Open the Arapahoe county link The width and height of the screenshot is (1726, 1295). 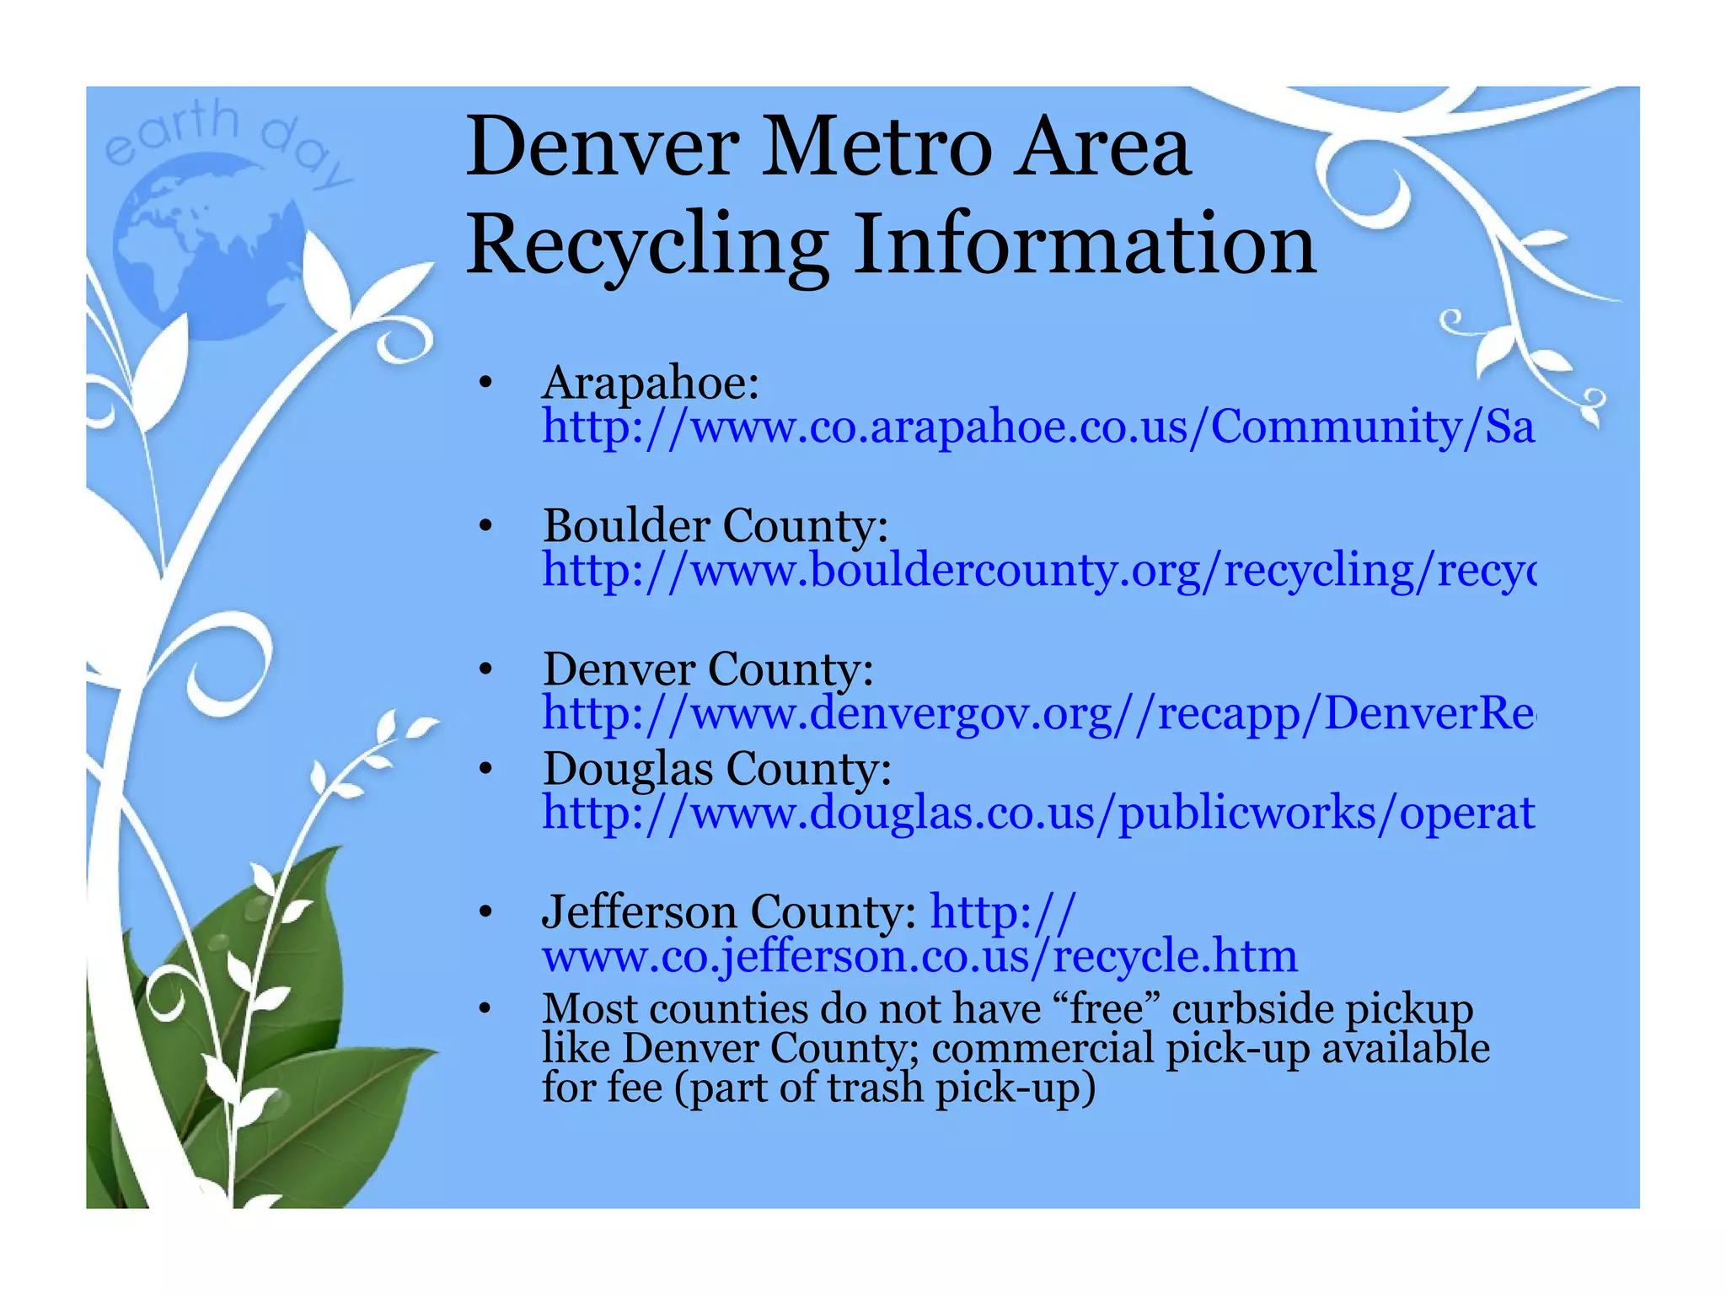coord(1037,427)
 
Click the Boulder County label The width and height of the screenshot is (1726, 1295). coord(716,526)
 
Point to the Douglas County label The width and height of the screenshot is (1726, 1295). coord(717,769)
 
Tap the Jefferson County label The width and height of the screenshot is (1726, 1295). coord(730,912)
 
